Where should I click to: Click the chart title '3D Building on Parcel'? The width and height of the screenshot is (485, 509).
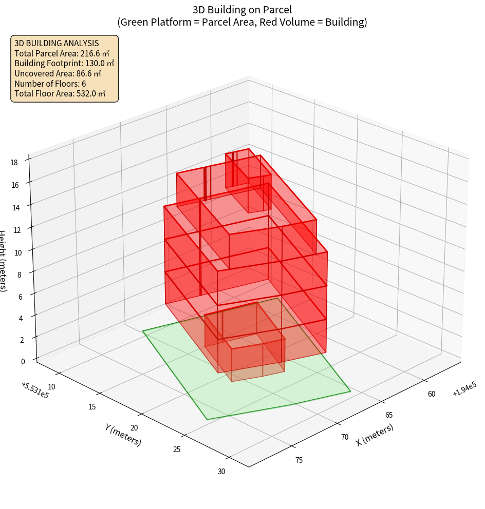(x=242, y=9)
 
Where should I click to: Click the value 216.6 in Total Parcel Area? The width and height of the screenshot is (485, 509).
(x=91, y=53)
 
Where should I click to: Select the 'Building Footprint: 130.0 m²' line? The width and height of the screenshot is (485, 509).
(x=64, y=63)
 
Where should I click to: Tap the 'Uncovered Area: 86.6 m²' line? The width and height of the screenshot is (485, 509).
(x=60, y=73)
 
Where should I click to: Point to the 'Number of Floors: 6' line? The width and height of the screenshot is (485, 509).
(x=50, y=84)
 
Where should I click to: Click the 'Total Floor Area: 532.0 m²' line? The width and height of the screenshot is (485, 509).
(x=60, y=93)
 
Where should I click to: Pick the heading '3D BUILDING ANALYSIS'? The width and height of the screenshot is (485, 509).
(x=57, y=43)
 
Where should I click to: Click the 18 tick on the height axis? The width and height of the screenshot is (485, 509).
(x=14, y=163)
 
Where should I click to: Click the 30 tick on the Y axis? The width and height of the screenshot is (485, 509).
(x=221, y=472)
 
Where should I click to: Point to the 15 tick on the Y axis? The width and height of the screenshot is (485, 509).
(x=92, y=407)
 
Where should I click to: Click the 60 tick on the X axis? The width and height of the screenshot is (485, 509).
(x=431, y=394)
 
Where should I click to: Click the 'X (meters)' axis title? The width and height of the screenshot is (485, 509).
(x=375, y=435)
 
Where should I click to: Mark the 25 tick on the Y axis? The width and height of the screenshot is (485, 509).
(x=177, y=449)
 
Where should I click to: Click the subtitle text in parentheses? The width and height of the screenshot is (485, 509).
(x=242, y=22)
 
